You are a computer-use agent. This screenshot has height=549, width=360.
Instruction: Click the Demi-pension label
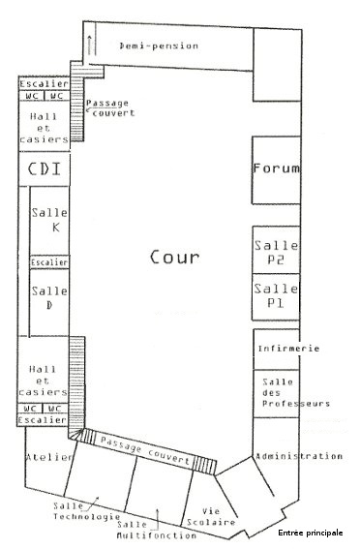(159, 46)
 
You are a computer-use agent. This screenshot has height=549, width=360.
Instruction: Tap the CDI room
(45, 168)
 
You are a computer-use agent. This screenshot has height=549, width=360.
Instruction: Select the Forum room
(277, 170)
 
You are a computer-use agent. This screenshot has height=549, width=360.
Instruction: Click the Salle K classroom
(49, 221)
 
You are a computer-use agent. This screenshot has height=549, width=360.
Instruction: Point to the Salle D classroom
(49, 302)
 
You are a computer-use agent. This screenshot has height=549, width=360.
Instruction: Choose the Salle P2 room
(277, 250)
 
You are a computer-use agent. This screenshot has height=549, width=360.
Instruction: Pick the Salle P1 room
(277, 297)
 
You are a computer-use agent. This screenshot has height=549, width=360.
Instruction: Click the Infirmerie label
(288, 349)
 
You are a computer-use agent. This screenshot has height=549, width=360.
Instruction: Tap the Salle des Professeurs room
(277, 393)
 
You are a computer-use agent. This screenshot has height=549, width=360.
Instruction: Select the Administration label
(299, 456)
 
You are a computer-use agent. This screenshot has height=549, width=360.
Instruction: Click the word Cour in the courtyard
(175, 258)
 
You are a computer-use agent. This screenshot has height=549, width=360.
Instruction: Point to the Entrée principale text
(311, 533)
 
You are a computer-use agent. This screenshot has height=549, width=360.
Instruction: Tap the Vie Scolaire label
(211, 517)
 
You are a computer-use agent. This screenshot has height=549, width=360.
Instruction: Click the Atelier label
(49, 457)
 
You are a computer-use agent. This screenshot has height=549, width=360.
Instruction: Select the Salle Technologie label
(86, 511)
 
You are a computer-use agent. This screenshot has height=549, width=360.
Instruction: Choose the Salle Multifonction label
(157, 530)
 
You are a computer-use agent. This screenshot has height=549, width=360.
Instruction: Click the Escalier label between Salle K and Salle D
(49, 262)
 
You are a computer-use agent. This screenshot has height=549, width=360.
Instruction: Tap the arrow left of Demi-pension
(90, 46)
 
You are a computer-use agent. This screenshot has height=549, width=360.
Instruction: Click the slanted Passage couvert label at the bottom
(145, 450)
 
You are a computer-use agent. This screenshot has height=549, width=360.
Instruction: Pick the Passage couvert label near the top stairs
(110, 107)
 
